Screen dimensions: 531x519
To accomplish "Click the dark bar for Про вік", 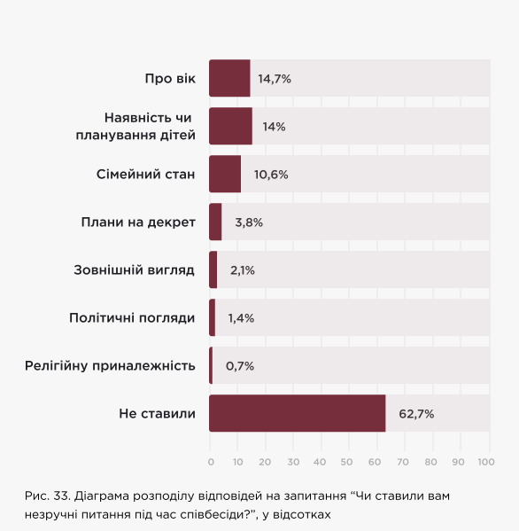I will point(229,78).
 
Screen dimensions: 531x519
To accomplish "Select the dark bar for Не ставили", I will point(297,413).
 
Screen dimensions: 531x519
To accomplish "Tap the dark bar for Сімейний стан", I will point(225,174).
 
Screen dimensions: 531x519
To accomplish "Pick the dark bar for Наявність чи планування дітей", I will point(230,126).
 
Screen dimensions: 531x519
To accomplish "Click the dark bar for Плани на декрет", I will point(215,222).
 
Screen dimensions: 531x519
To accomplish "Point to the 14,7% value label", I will point(275,79).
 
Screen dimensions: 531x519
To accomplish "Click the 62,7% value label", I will point(416,414).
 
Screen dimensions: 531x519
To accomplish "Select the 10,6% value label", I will point(271,175).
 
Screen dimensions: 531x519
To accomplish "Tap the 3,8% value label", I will point(249,223).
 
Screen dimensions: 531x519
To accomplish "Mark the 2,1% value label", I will point(243,270).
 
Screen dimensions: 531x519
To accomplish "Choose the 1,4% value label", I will point(241,318).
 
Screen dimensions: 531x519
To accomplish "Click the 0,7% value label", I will point(240,366).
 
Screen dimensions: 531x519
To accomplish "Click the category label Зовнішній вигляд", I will point(134,269).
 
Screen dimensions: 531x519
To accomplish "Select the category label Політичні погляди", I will point(132,317).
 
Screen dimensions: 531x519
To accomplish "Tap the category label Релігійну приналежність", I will point(110,365).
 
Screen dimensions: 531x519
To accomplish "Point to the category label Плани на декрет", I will point(138,222).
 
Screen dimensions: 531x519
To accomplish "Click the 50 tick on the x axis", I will point(348,462).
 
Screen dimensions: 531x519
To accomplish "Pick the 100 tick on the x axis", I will point(485,462).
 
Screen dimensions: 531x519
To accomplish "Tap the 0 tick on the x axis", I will point(211,462).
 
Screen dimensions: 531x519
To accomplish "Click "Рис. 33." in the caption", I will point(47,496).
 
